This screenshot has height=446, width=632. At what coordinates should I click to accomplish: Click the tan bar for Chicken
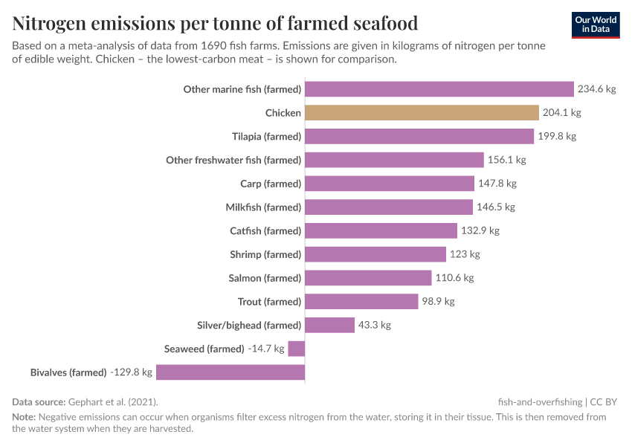[422, 113]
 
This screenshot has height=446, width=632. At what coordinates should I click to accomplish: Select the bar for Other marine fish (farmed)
[439, 89]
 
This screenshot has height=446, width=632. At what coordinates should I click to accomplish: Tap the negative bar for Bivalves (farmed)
[230, 372]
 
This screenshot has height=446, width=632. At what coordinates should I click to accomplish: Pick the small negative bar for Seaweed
[296, 349]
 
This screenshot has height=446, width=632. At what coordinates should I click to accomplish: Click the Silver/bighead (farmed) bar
[329, 325]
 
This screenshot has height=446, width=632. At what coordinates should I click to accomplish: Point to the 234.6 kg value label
[597, 89]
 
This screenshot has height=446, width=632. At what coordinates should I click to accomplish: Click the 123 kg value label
[465, 254]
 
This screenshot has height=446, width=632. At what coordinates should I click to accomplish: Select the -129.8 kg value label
[131, 372]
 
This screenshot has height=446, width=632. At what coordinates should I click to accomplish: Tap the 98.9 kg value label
[438, 302]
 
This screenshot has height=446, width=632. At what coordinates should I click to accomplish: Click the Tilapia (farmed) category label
[266, 137]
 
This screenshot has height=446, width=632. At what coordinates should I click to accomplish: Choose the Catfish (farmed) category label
[265, 231]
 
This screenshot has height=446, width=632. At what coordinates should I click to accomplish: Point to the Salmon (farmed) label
[265, 278]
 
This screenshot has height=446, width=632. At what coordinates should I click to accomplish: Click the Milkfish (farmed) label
[263, 207]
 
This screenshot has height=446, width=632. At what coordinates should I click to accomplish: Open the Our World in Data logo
[595, 25]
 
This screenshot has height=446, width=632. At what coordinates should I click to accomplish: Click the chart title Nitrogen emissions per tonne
[215, 23]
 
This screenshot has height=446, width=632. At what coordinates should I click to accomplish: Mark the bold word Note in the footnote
[23, 417]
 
